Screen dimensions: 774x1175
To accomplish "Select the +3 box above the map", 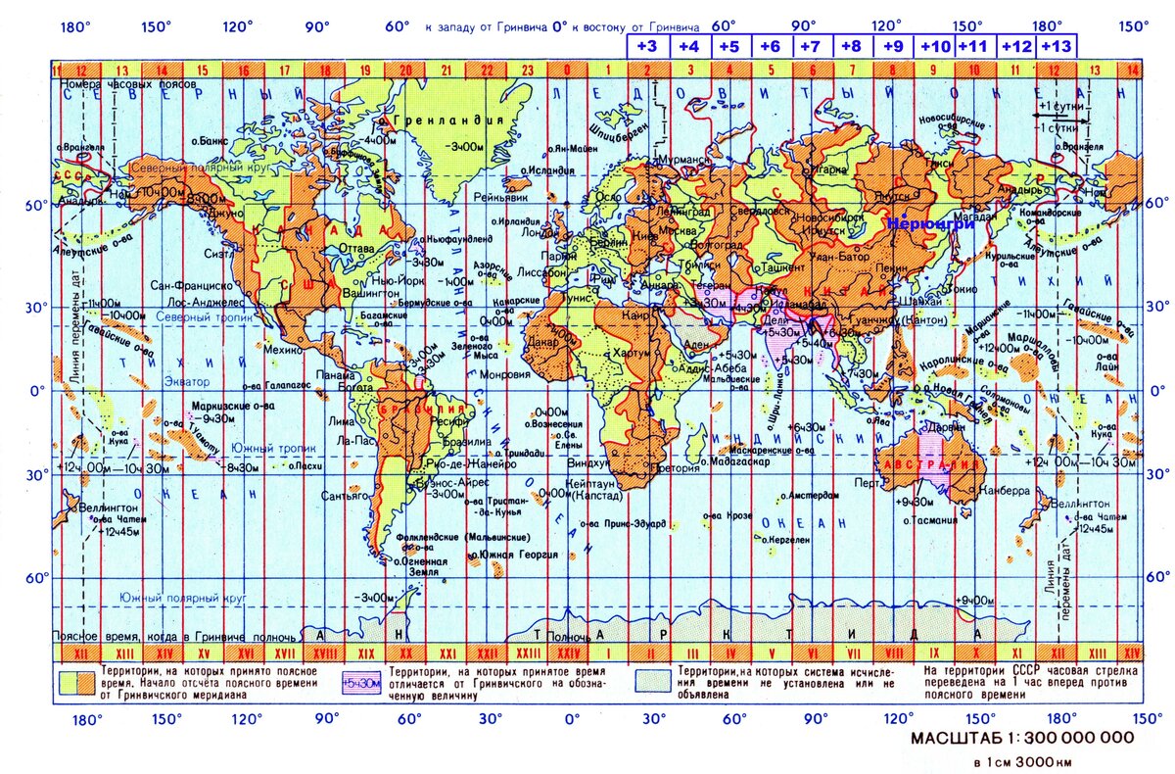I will point(647,45).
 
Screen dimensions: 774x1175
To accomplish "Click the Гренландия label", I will point(449,121).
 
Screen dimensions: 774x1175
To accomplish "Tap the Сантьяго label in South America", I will point(346,497).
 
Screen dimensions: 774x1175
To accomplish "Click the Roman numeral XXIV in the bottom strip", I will point(568,653).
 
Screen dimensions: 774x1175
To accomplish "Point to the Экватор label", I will point(187,379).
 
